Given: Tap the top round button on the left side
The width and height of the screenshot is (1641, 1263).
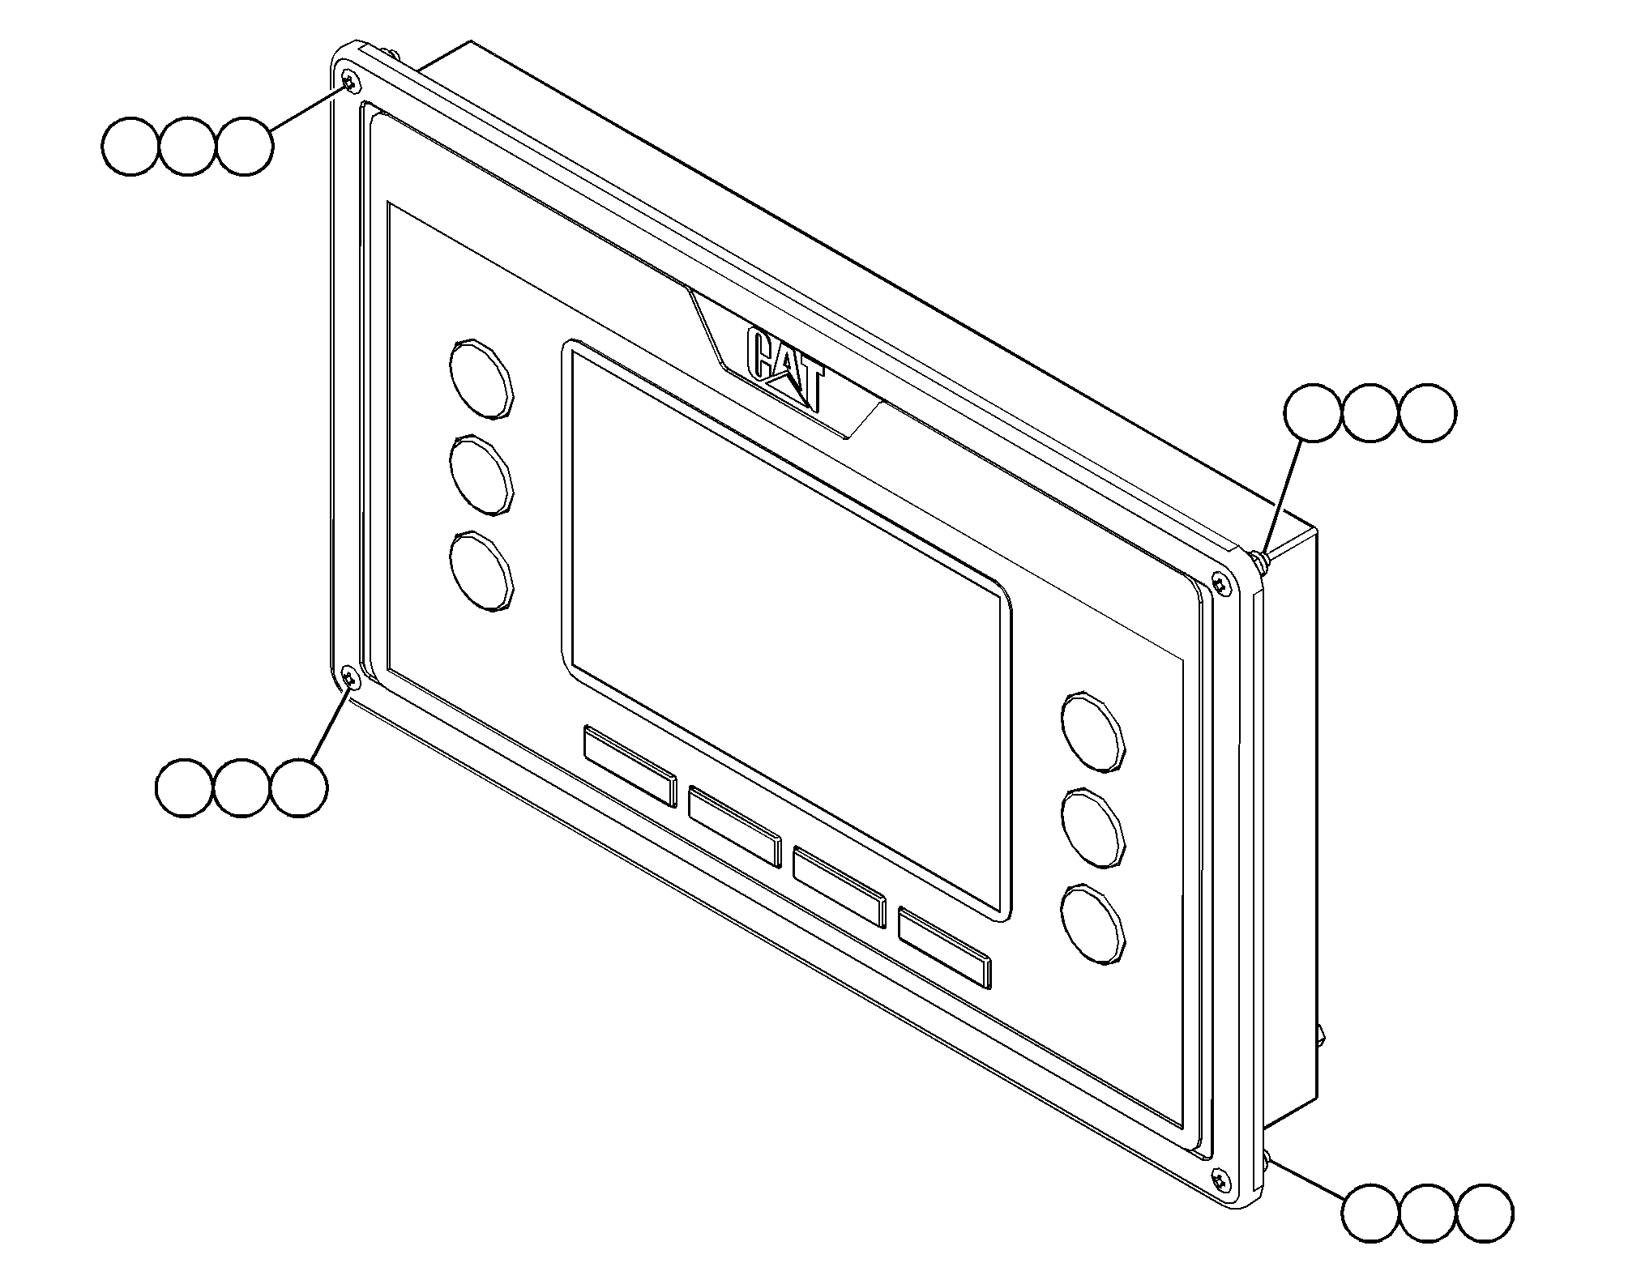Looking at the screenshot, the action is [x=482, y=379].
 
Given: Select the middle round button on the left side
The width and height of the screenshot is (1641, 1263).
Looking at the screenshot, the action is [x=482, y=476].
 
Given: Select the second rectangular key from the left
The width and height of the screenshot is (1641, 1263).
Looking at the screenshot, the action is [x=735, y=826].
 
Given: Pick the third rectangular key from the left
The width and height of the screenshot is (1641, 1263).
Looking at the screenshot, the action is [x=840, y=886].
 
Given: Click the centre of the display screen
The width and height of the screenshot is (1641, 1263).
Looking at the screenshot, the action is [x=786, y=629].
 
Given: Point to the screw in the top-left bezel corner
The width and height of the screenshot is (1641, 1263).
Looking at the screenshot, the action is [x=350, y=81].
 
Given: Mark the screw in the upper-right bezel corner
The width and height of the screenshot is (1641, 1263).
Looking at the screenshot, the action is [x=1220, y=582].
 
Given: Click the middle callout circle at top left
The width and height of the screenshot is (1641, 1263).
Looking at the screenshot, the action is [x=187, y=147].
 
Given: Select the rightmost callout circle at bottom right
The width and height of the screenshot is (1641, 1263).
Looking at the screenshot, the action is [x=1485, y=1214].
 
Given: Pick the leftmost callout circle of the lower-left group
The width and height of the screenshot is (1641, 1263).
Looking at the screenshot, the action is [x=184, y=787].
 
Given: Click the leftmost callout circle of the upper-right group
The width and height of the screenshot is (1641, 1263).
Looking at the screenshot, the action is [x=1314, y=413].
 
